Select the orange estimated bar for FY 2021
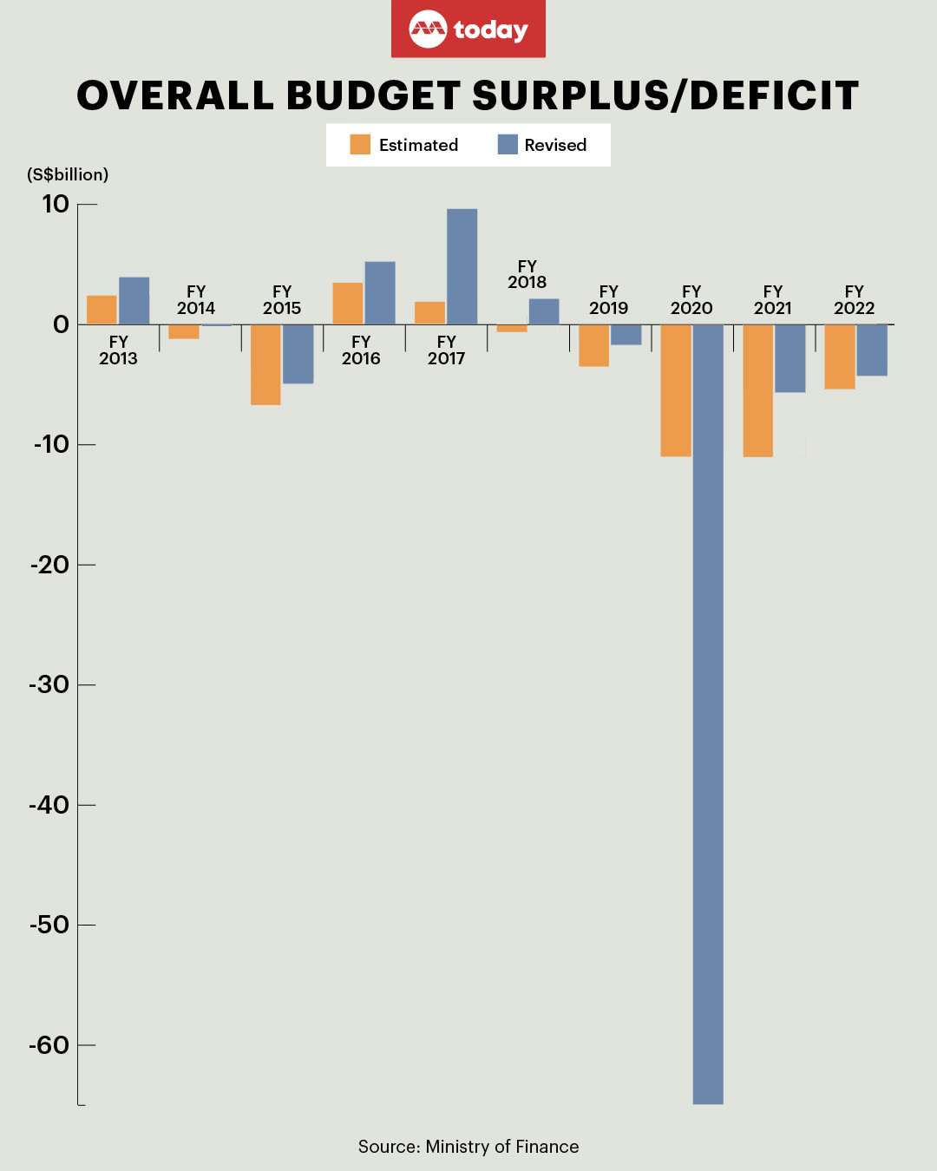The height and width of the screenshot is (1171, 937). tap(757, 390)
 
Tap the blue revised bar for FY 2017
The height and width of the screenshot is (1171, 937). tap(462, 266)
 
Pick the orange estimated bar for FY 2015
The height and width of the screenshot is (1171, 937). tap(265, 364)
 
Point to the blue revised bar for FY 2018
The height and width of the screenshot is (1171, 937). tap(544, 311)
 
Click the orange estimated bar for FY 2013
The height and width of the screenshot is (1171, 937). tap(102, 310)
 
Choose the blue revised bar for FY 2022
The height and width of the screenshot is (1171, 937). tap(872, 350)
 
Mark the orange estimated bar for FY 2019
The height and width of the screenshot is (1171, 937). tap(593, 345)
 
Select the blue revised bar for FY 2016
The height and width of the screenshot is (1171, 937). tap(380, 293)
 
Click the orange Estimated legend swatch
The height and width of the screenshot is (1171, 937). tap(360, 145)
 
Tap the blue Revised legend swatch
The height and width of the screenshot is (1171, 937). tap(508, 145)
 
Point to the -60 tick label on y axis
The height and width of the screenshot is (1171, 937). tap(49, 1044)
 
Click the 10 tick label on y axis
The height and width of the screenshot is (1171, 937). tap(55, 204)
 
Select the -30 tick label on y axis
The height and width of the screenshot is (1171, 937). tap(49, 684)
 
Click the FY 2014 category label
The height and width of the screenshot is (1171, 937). tap(196, 300)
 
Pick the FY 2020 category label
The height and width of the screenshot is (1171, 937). tap(691, 300)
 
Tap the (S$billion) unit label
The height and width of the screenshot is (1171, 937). tap(68, 174)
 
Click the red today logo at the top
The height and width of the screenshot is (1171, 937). tap(468, 29)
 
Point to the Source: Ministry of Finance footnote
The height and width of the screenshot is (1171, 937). tap(468, 1147)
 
